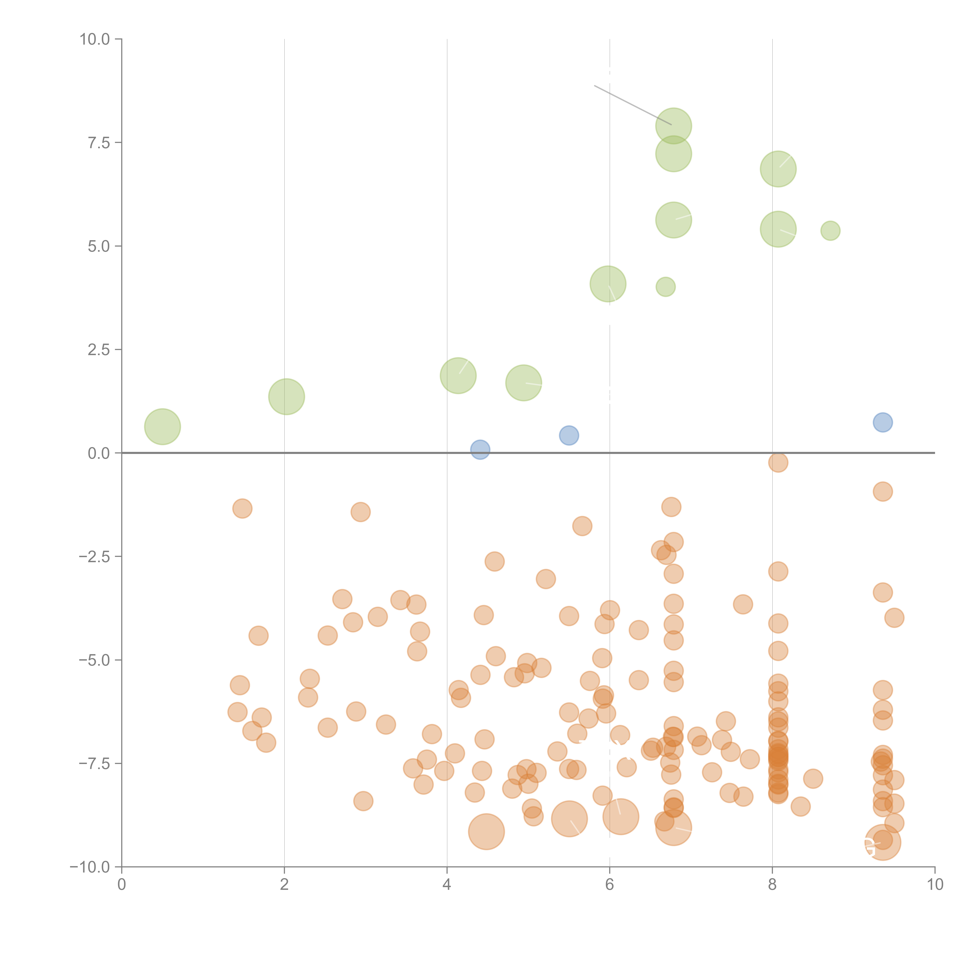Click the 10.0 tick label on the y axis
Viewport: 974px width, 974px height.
(x=95, y=39)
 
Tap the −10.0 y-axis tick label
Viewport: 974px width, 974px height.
(x=90, y=867)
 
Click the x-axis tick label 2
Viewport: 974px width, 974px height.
(x=284, y=885)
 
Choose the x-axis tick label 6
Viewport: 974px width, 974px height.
(x=610, y=885)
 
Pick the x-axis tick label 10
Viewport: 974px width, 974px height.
(x=935, y=885)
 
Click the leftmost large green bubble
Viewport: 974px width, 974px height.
(x=162, y=427)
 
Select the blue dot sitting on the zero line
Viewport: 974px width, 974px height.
(x=480, y=449)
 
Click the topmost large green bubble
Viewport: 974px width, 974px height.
(x=674, y=126)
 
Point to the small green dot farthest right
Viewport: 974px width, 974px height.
(x=830, y=231)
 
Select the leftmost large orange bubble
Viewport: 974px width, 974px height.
(x=486, y=832)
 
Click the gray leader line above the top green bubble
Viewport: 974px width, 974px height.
(x=633, y=105)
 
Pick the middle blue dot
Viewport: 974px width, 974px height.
(x=569, y=435)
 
